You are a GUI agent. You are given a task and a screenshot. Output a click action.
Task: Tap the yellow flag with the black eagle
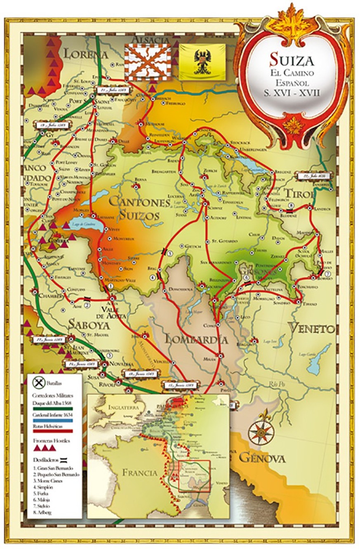202,61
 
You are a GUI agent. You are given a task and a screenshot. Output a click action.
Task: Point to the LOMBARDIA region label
197,339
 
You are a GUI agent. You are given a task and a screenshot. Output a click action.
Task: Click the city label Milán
209,359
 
